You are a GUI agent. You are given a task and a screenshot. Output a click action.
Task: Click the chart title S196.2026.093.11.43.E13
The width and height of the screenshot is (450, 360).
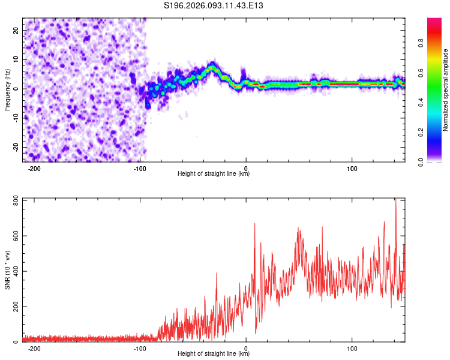[x=214, y=6]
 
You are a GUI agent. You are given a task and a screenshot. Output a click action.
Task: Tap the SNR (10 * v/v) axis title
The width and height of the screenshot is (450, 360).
[x=7, y=270]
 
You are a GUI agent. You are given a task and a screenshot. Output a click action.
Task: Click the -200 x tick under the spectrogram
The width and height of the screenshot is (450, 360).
[x=34, y=169]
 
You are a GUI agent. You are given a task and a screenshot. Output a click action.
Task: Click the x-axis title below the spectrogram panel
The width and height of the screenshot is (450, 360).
[x=214, y=174]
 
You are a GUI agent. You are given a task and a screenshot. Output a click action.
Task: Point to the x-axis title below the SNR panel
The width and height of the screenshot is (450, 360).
[x=214, y=354]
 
